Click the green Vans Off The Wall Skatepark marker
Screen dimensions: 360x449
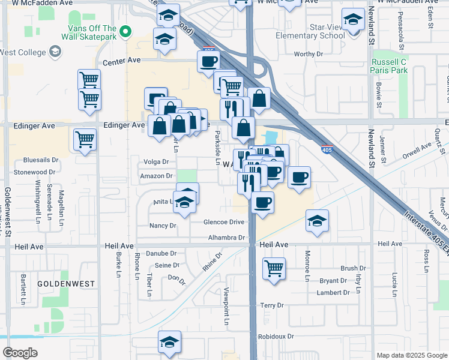125,31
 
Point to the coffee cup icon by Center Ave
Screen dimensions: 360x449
209,61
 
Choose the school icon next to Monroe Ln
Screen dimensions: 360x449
317,221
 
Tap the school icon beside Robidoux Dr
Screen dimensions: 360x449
170,343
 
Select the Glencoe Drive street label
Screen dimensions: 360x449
224,221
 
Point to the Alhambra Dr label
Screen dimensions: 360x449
227,238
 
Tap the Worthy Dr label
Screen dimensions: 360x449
309,54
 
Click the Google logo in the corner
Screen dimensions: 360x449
20,353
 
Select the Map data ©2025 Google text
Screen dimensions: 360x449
412,355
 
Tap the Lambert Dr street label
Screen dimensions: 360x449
334,293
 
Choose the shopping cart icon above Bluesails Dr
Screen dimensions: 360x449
85,140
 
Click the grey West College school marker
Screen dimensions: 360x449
55,52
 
